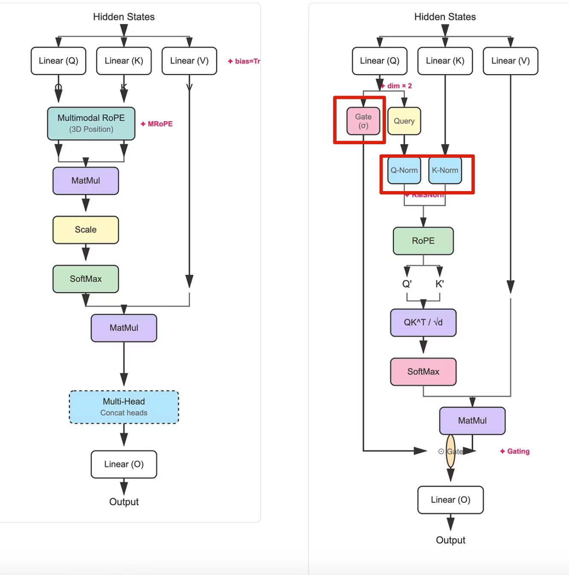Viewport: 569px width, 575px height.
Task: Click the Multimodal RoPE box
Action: tap(91, 123)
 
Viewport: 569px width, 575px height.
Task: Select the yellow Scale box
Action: tap(86, 230)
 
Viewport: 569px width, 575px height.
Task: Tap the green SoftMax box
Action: tap(86, 279)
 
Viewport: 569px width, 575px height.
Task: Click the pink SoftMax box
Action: tap(423, 372)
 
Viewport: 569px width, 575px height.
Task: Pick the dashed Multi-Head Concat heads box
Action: tap(124, 407)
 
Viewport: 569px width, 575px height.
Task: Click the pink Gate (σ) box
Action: tap(363, 121)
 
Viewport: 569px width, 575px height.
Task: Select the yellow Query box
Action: tap(404, 121)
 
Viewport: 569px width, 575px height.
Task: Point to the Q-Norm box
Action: tap(404, 170)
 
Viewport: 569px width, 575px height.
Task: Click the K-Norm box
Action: tap(445, 170)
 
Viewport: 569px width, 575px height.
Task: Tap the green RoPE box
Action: tap(423, 241)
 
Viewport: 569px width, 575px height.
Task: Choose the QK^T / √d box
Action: tap(423, 322)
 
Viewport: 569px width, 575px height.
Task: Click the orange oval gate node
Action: tap(450, 451)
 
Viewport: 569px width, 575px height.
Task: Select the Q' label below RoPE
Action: tap(407, 284)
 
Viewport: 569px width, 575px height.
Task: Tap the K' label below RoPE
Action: tap(440, 284)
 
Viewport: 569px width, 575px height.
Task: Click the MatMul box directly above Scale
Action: tap(86, 181)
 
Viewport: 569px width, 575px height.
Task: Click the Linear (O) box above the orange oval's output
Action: tap(450, 500)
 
